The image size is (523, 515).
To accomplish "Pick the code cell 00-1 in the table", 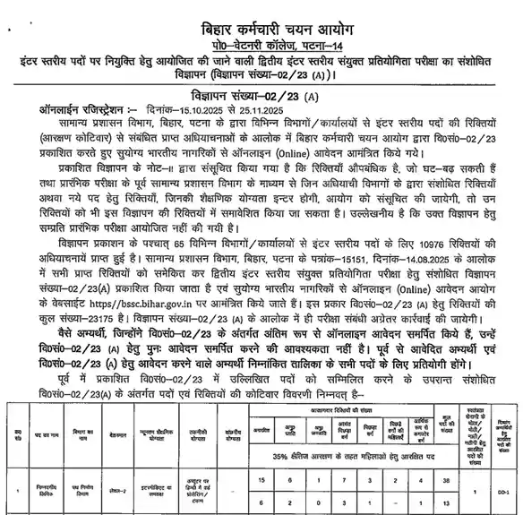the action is (x=508, y=490).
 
